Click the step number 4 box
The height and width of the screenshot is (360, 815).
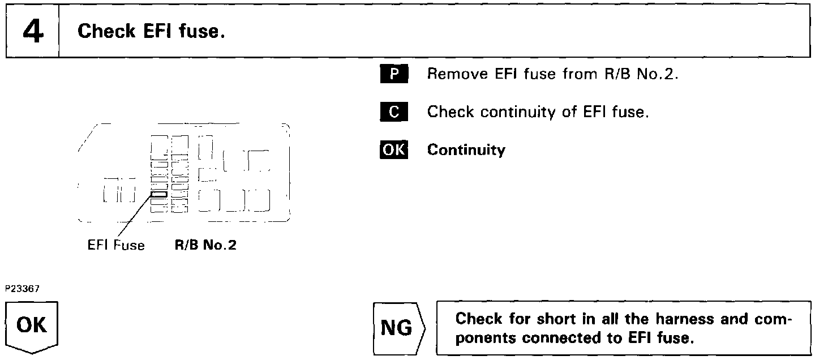33,32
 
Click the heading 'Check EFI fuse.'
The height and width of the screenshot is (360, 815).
151,31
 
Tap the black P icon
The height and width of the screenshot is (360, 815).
393,74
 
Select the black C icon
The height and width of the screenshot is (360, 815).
393,112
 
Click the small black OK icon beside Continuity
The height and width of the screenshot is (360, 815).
393,149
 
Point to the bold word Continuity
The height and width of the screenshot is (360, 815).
466,150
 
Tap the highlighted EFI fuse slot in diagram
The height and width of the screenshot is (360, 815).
160,194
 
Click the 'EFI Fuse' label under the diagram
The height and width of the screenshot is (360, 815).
116,245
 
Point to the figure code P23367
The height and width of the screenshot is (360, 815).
23,288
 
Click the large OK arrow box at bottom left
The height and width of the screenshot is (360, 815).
32,328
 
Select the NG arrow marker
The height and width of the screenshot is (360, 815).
397,328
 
